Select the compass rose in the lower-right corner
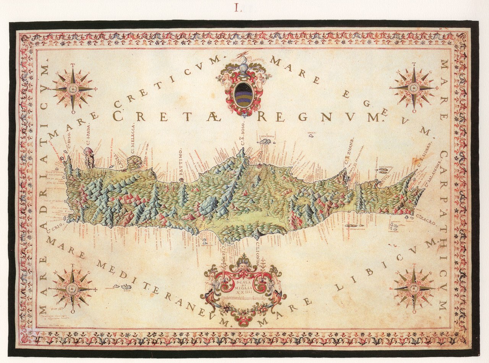point(413,288)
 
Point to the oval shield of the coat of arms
point(244,95)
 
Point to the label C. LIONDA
point(258,251)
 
